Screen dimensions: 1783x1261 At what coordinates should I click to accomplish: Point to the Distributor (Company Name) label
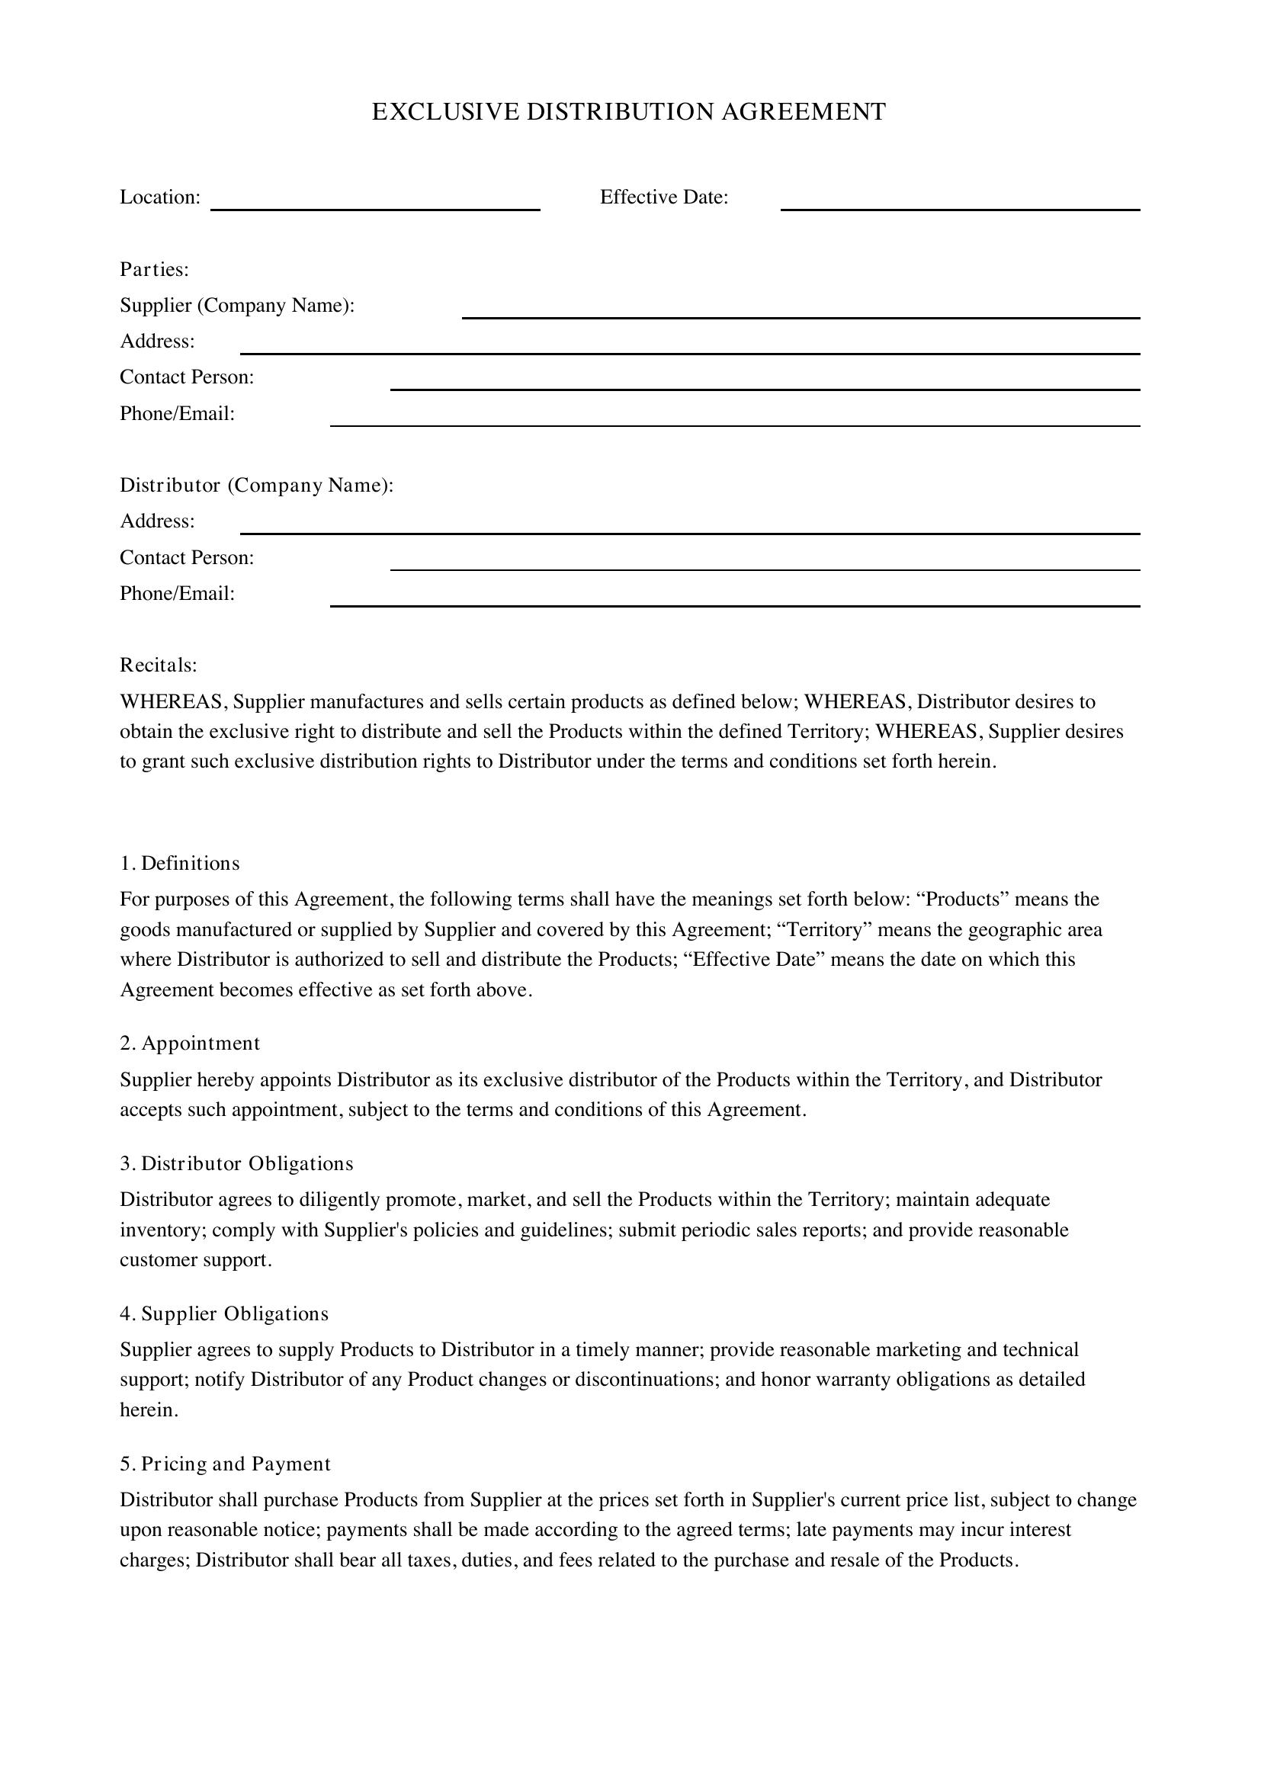tap(256, 486)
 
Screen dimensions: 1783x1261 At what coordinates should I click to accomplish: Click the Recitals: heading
tap(159, 665)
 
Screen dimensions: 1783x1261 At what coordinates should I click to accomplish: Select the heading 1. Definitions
tap(179, 864)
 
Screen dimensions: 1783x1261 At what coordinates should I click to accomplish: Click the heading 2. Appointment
tap(190, 1043)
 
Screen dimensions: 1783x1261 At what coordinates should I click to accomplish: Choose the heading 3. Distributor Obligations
tap(236, 1163)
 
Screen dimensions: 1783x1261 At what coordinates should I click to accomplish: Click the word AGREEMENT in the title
tap(803, 113)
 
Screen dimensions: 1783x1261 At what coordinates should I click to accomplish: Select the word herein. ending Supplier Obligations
tap(149, 1409)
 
